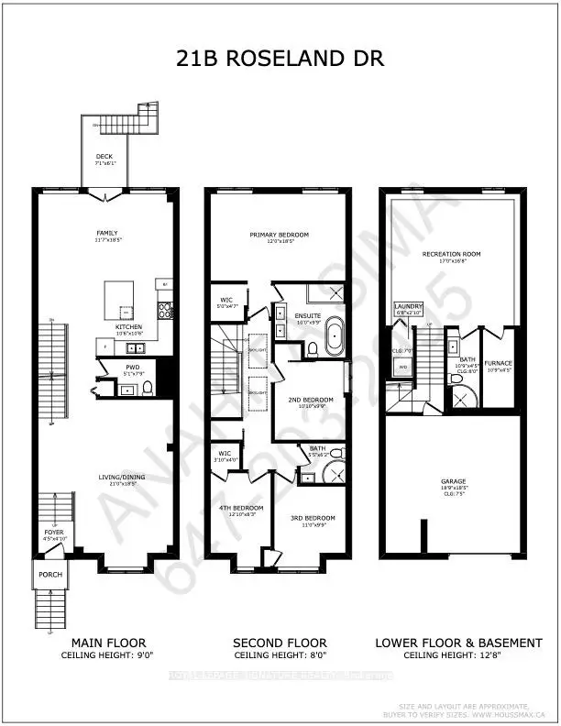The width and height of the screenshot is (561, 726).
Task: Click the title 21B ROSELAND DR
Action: [280, 59]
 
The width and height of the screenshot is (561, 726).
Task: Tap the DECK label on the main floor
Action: [104, 157]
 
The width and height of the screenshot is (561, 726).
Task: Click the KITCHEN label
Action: [127, 326]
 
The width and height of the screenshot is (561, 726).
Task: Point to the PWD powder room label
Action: [133, 367]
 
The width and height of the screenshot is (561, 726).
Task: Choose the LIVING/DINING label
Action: [124, 476]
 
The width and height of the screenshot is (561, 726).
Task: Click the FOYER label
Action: [53, 532]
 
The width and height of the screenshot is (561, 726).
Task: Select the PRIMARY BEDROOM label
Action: [279, 235]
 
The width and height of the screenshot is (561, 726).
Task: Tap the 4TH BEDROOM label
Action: [247, 507]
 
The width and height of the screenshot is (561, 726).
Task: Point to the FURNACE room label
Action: [499, 362]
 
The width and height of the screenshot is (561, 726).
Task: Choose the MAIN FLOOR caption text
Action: [104, 643]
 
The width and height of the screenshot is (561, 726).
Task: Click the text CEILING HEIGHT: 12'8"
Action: [457, 655]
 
